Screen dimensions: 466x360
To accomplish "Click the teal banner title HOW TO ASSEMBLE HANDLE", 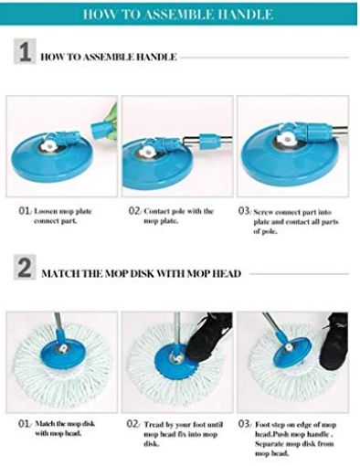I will click(179, 14).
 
